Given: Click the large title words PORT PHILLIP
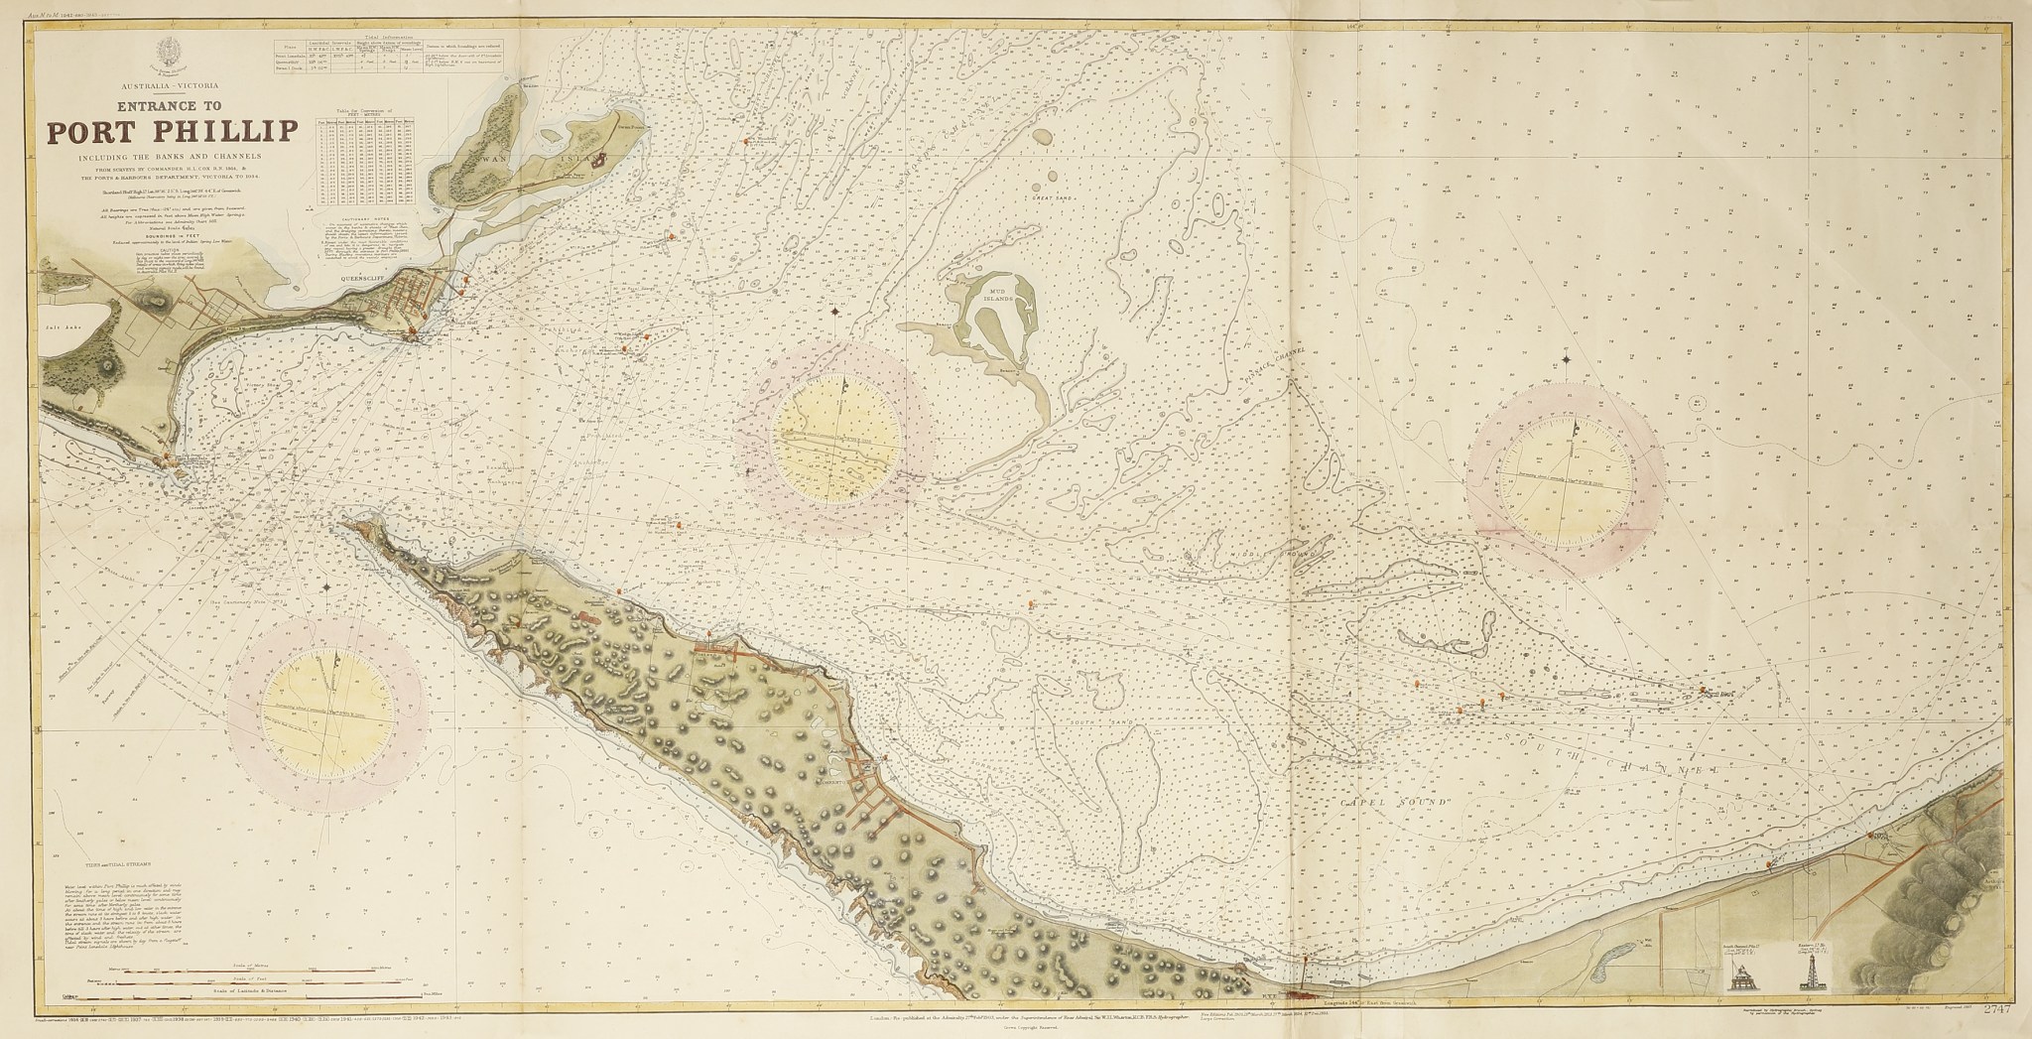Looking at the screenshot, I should point(170,131).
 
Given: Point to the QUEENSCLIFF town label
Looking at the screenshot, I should point(366,279).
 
